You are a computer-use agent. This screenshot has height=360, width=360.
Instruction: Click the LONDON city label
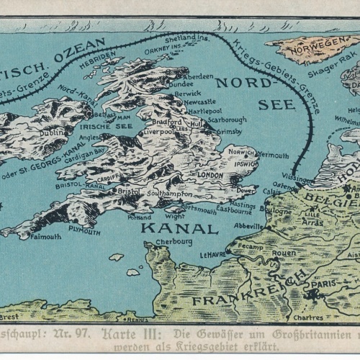(210, 175)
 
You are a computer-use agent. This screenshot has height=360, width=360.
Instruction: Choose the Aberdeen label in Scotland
(198, 76)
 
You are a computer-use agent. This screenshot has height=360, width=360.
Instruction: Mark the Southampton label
(168, 194)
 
